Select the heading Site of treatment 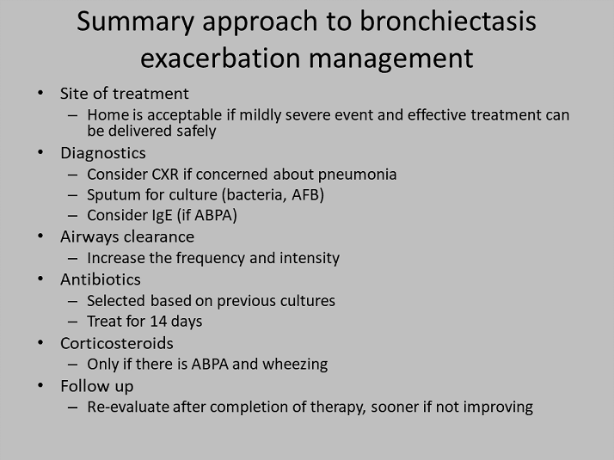[124, 94]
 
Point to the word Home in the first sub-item [107, 114]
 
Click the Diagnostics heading [102, 153]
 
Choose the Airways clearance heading [126, 236]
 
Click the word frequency [206, 258]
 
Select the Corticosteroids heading [116, 342]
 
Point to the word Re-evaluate [127, 407]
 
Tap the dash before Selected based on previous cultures [73, 301]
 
